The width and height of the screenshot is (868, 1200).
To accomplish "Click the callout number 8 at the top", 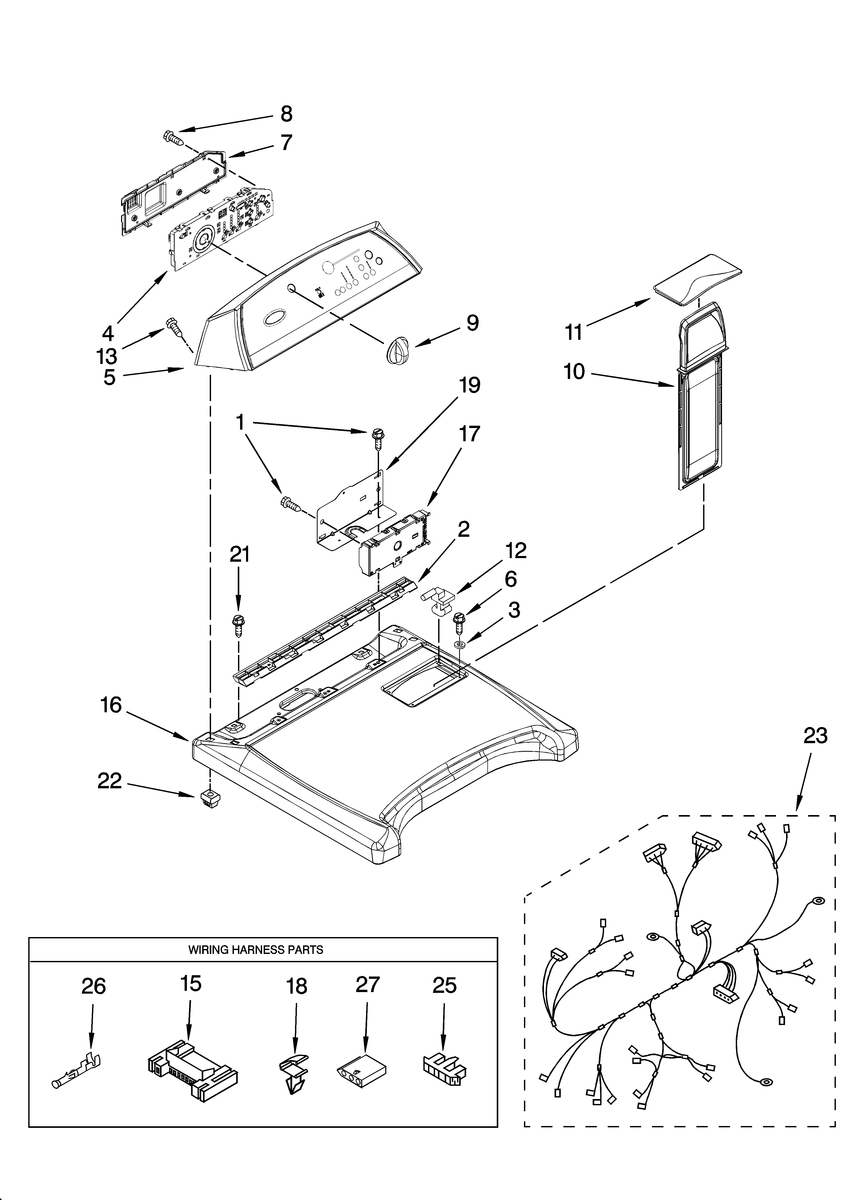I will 286,114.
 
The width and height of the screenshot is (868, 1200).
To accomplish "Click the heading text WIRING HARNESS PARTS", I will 256,950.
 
